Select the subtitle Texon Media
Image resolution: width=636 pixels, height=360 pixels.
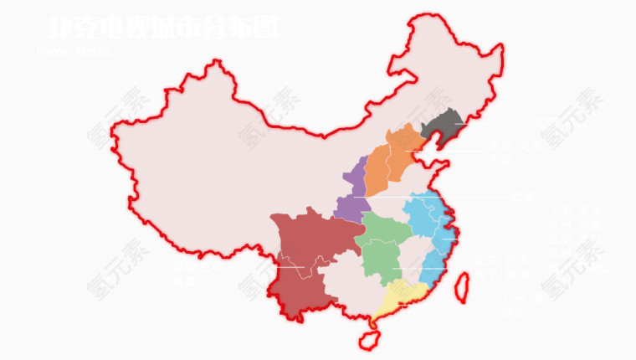[74, 50]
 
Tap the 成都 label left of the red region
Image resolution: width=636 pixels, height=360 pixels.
[184, 281]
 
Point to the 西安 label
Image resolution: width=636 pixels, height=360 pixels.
[521, 198]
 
